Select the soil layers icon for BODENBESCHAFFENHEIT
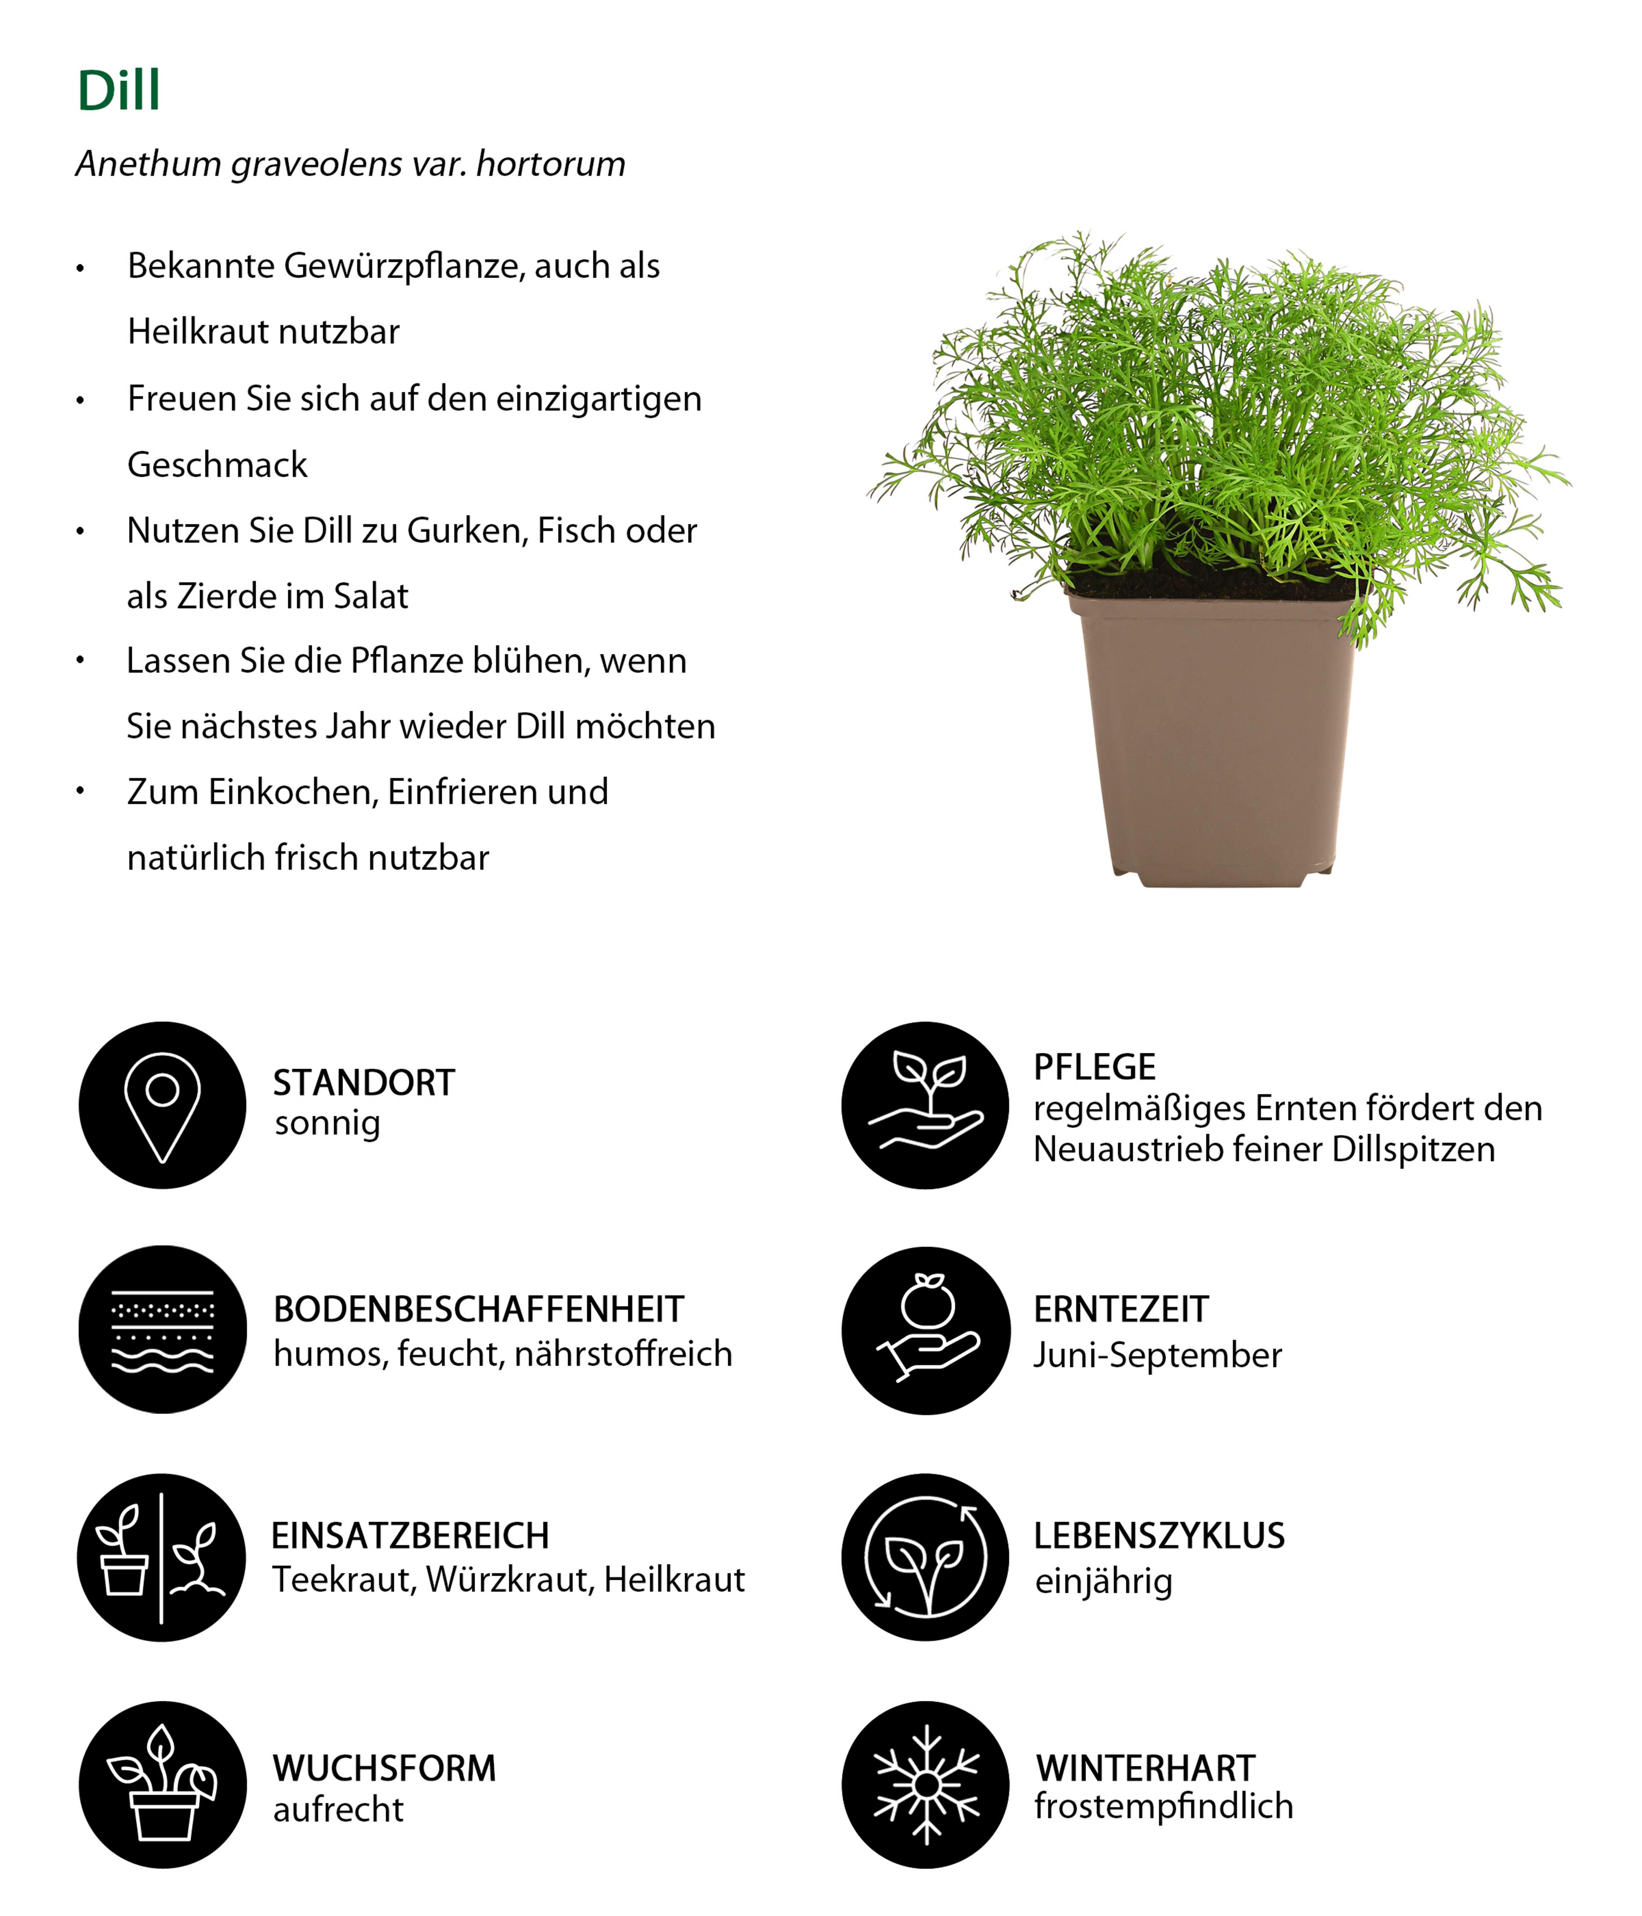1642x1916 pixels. (x=163, y=1330)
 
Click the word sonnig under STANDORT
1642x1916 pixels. (x=327, y=1124)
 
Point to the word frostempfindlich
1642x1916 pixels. (x=1163, y=1806)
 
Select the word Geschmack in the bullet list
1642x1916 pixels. (x=217, y=464)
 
